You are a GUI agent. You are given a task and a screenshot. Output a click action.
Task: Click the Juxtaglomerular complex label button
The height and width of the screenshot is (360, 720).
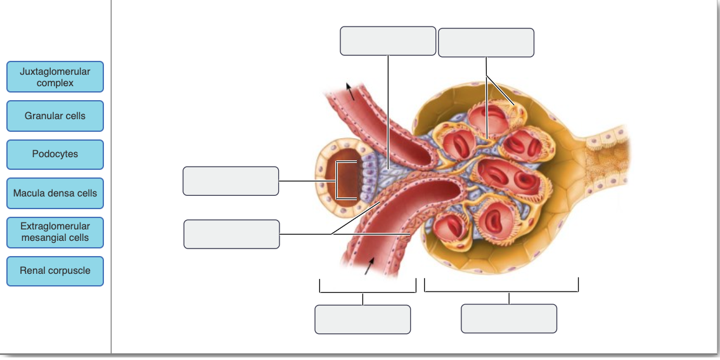(x=55, y=77)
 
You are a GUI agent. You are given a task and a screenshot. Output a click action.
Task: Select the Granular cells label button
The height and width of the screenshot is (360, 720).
(x=55, y=116)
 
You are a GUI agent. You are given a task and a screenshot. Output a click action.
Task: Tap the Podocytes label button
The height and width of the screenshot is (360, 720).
(x=55, y=155)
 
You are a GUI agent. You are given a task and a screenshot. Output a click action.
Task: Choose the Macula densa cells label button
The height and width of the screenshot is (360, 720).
(x=55, y=193)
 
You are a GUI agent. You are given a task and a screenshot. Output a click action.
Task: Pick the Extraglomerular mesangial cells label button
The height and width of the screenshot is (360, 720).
(x=55, y=232)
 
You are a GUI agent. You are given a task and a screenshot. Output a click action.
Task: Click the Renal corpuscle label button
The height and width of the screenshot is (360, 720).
(x=55, y=271)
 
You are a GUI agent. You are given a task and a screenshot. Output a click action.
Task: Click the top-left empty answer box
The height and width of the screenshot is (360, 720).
(x=388, y=41)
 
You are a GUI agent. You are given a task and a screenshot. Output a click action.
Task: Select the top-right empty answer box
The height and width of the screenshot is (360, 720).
(x=486, y=42)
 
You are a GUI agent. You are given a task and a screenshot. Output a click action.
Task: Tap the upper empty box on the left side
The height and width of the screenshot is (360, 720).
(x=231, y=181)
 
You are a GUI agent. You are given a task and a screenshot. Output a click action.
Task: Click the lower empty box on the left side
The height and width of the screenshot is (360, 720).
(x=231, y=235)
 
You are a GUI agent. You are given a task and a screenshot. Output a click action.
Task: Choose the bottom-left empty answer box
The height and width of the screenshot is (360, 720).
(x=363, y=319)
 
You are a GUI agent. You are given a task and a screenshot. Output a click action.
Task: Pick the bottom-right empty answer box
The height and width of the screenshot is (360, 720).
(x=509, y=318)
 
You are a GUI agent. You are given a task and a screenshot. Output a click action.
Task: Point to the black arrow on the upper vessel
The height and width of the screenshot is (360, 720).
(x=349, y=91)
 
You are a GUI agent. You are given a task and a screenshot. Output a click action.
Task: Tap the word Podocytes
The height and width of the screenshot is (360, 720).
(x=55, y=155)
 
